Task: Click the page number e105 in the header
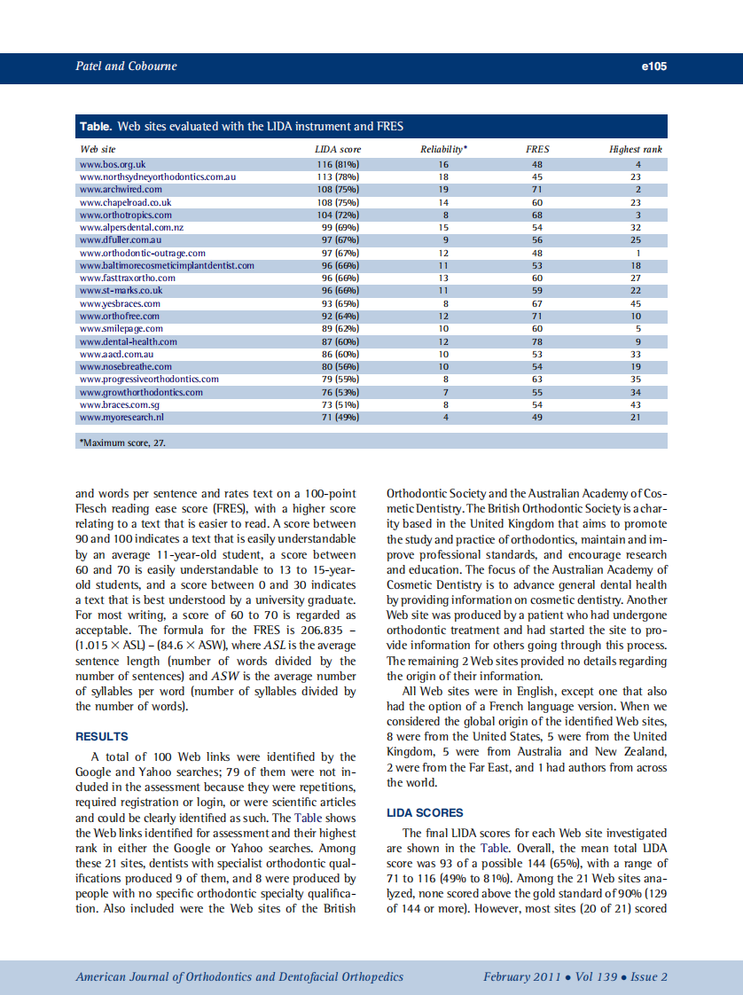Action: coord(653,67)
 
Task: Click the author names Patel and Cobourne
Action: coord(126,67)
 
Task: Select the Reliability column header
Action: coord(443,149)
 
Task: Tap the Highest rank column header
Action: coord(636,149)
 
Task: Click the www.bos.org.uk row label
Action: coord(113,164)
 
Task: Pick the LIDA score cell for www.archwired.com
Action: coord(338,190)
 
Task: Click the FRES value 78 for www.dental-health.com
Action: coord(537,341)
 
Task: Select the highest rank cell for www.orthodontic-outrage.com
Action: coord(637,253)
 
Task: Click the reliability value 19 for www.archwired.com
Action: coord(443,190)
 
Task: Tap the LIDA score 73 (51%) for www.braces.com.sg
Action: coord(338,404)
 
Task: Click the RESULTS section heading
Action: coord(101,736)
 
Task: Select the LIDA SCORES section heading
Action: coord(425,812)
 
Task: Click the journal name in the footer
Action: coord(239,977)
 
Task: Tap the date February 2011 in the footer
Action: coord(521,977)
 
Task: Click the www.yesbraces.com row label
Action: coord(120,303)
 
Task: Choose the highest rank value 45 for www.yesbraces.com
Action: coord(636,303)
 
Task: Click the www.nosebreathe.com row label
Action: coord(126,366)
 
